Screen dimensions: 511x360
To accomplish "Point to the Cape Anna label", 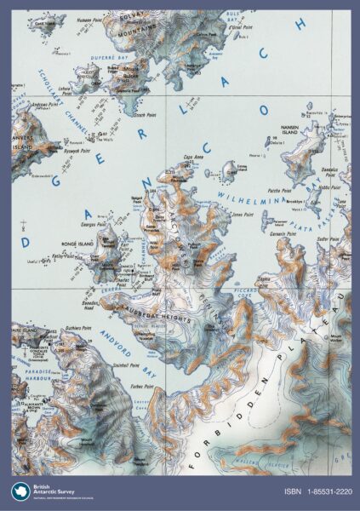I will (x=195, y=157).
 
